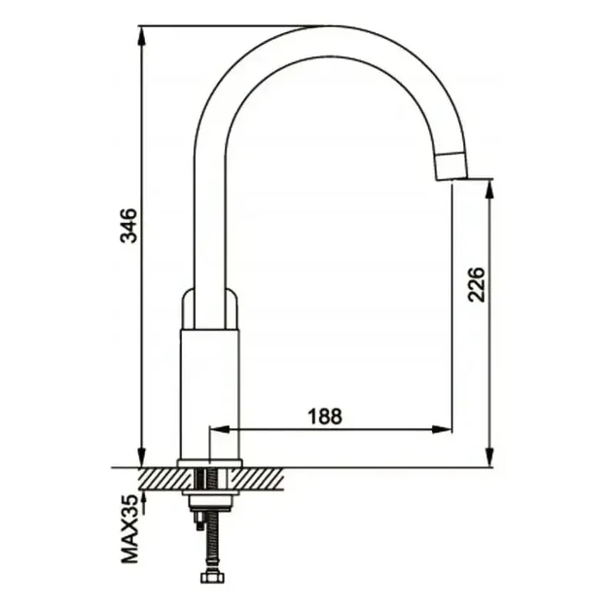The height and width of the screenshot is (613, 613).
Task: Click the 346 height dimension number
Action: [129, 226]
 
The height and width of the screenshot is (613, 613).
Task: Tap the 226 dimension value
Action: [476, 284]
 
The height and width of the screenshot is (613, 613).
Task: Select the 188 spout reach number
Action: [325, 416]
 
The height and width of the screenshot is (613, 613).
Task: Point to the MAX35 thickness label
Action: [129, 529]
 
